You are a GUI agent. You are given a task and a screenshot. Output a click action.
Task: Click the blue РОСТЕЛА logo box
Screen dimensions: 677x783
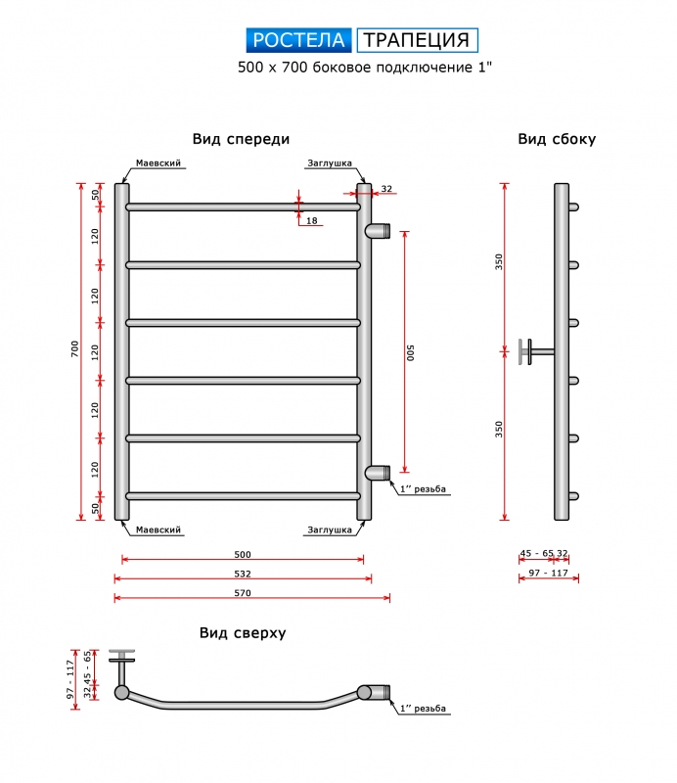pos(298,40)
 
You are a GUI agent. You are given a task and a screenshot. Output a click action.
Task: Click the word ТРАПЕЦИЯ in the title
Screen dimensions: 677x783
pos(417,40)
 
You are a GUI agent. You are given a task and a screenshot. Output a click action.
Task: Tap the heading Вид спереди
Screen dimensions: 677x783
pos(241,139)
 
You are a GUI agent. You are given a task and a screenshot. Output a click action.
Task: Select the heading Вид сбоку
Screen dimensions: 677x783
pos(557,139)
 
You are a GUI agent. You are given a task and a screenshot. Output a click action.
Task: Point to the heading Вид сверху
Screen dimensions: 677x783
pos(243,633)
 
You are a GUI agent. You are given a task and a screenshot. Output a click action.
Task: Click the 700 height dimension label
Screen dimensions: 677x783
pos(75,348)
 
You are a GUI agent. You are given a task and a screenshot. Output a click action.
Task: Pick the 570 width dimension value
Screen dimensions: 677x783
pos(243,593)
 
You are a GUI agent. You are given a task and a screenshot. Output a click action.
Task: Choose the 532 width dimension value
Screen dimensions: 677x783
pos(243,574)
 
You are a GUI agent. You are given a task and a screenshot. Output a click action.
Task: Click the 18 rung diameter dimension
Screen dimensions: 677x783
pos(311,221)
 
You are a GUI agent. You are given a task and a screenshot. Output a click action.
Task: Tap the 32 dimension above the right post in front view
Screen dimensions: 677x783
pos(386,189)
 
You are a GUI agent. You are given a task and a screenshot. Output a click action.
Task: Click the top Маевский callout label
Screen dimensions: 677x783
pos(158,163)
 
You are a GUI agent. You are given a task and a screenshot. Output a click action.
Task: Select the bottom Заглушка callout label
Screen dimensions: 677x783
pos(330,530)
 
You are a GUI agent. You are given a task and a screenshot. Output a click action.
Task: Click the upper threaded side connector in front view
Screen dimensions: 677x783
pos(378,231)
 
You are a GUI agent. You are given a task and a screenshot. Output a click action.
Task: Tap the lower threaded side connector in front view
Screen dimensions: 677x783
pos(378,473)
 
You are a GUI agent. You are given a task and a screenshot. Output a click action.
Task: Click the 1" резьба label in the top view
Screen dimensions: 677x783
pos(423,708)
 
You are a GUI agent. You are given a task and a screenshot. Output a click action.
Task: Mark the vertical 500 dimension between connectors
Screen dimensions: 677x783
pos(410,352)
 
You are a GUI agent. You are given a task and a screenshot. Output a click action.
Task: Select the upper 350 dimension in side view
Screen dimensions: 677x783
pos(499,261)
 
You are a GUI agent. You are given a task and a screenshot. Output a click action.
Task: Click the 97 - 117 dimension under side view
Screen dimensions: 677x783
pos(549,573)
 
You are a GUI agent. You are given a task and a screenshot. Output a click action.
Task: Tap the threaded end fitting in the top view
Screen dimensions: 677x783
pos(377,692)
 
